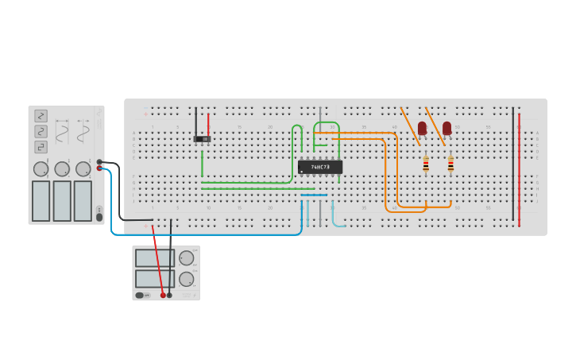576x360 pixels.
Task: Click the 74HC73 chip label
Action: pos(320,168)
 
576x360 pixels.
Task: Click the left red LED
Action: pos(422,128)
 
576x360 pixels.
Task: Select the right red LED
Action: pos(447,128)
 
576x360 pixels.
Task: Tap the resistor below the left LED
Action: pos(426,164)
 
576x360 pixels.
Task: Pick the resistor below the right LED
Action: pos(450,164)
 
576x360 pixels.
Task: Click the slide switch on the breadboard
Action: pos(203,139)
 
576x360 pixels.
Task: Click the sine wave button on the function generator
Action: pos(41,116)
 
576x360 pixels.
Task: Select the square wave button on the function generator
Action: pos(41,147)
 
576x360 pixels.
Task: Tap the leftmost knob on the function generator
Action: pos(41,168)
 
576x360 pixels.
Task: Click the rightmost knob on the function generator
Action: pos(83,168)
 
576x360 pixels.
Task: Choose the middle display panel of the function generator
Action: pos(62,200)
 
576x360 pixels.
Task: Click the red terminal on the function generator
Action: pos(99,168)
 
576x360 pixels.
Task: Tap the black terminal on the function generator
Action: pos(99,162)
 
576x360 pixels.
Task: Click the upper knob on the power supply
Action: pos(187,257)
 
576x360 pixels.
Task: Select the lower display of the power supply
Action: pos(155,279)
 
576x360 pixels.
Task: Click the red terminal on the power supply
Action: pos(163,295)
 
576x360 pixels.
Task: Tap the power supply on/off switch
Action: pos(140,295)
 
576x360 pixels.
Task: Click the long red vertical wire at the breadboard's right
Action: pos(520,167)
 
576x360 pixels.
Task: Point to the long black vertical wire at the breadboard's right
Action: pos(513,167)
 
